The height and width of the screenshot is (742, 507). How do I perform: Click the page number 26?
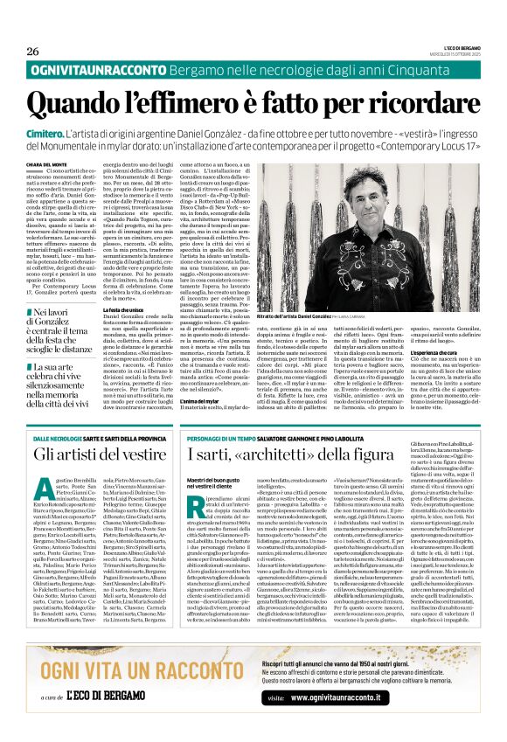pos(33,51)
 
